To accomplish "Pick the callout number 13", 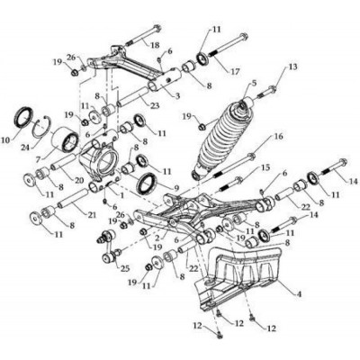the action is [293, 67].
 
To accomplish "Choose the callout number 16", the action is [278, 137].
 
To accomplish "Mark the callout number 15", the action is [265, 167].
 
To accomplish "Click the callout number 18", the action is [154, 45].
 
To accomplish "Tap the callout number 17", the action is [235, 72].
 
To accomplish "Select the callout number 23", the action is [155, 105].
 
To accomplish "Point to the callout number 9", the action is [176, 188].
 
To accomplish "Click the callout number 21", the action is [92, 215].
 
